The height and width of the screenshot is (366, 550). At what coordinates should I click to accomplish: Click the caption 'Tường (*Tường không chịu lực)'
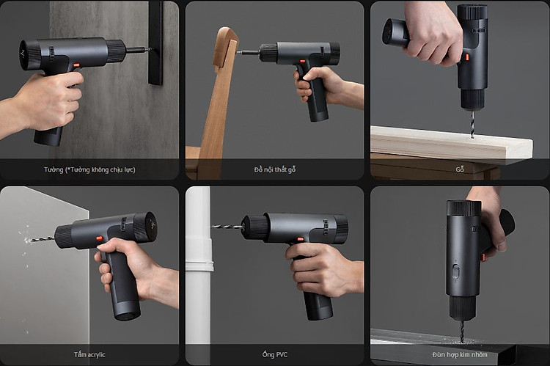point(89,170)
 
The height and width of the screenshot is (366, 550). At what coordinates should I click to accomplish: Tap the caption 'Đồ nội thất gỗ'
point(275,170)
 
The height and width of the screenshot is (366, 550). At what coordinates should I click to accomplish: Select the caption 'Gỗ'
point(460,169)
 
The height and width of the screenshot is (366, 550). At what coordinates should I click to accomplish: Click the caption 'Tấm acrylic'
point(89,354)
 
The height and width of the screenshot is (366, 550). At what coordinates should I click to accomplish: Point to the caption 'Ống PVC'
point(275,354)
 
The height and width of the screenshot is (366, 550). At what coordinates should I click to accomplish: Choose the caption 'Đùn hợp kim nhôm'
point(460,354)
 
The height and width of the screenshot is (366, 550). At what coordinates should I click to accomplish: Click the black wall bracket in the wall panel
point(155,43)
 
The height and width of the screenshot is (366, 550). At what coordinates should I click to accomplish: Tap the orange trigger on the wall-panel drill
point(77,65)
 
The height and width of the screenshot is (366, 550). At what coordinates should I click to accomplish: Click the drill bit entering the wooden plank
point(472,123)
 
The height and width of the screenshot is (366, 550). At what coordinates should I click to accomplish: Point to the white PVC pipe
point(199,267)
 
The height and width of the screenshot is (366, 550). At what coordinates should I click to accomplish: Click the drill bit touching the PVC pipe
point(227,227)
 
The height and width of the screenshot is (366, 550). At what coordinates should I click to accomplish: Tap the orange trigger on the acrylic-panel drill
point(100,238)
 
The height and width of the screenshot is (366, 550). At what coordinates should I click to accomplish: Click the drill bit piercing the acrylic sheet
point(40,240)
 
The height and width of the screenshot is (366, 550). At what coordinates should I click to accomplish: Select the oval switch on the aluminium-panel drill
point(455,271)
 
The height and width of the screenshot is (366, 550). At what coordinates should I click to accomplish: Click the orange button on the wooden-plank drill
point(467,57)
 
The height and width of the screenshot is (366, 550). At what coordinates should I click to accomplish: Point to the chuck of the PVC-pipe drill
point(255,227)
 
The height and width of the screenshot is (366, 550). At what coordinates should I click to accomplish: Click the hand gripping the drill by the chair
point(324,85)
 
